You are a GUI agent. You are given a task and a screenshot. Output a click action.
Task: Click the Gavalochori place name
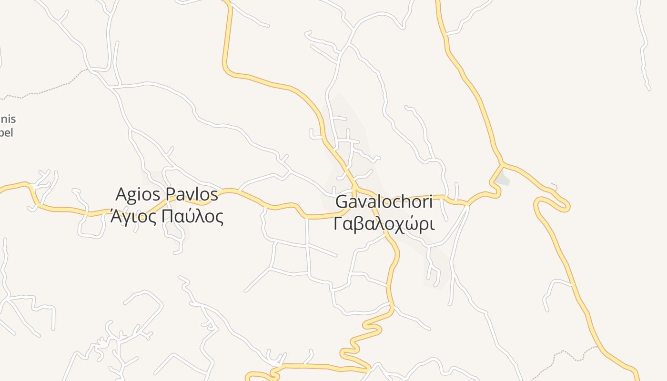384,201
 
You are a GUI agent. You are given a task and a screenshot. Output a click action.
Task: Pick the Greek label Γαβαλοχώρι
384,223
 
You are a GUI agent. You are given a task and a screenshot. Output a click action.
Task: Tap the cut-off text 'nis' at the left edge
8,119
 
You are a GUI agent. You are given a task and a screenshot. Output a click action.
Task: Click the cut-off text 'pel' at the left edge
6,132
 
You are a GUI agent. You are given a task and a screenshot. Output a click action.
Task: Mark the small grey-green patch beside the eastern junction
502,180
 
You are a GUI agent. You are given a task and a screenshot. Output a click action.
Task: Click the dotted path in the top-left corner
48,88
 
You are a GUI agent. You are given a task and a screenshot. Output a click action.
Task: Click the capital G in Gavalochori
342,201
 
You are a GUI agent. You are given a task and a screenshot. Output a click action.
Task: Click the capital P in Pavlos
172,194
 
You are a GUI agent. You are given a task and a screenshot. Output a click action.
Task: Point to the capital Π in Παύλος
168,217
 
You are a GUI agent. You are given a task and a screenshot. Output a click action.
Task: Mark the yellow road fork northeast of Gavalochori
503,164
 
